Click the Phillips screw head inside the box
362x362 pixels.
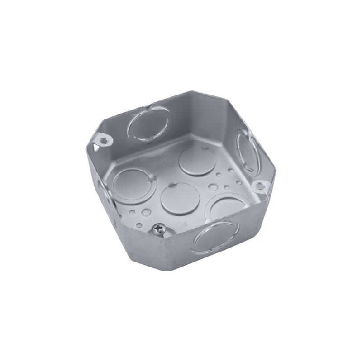coord(159,230)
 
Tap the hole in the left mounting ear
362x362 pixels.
coord(105,139)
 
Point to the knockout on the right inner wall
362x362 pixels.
coord(245,151)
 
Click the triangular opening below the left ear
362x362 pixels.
coord(96,146)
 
